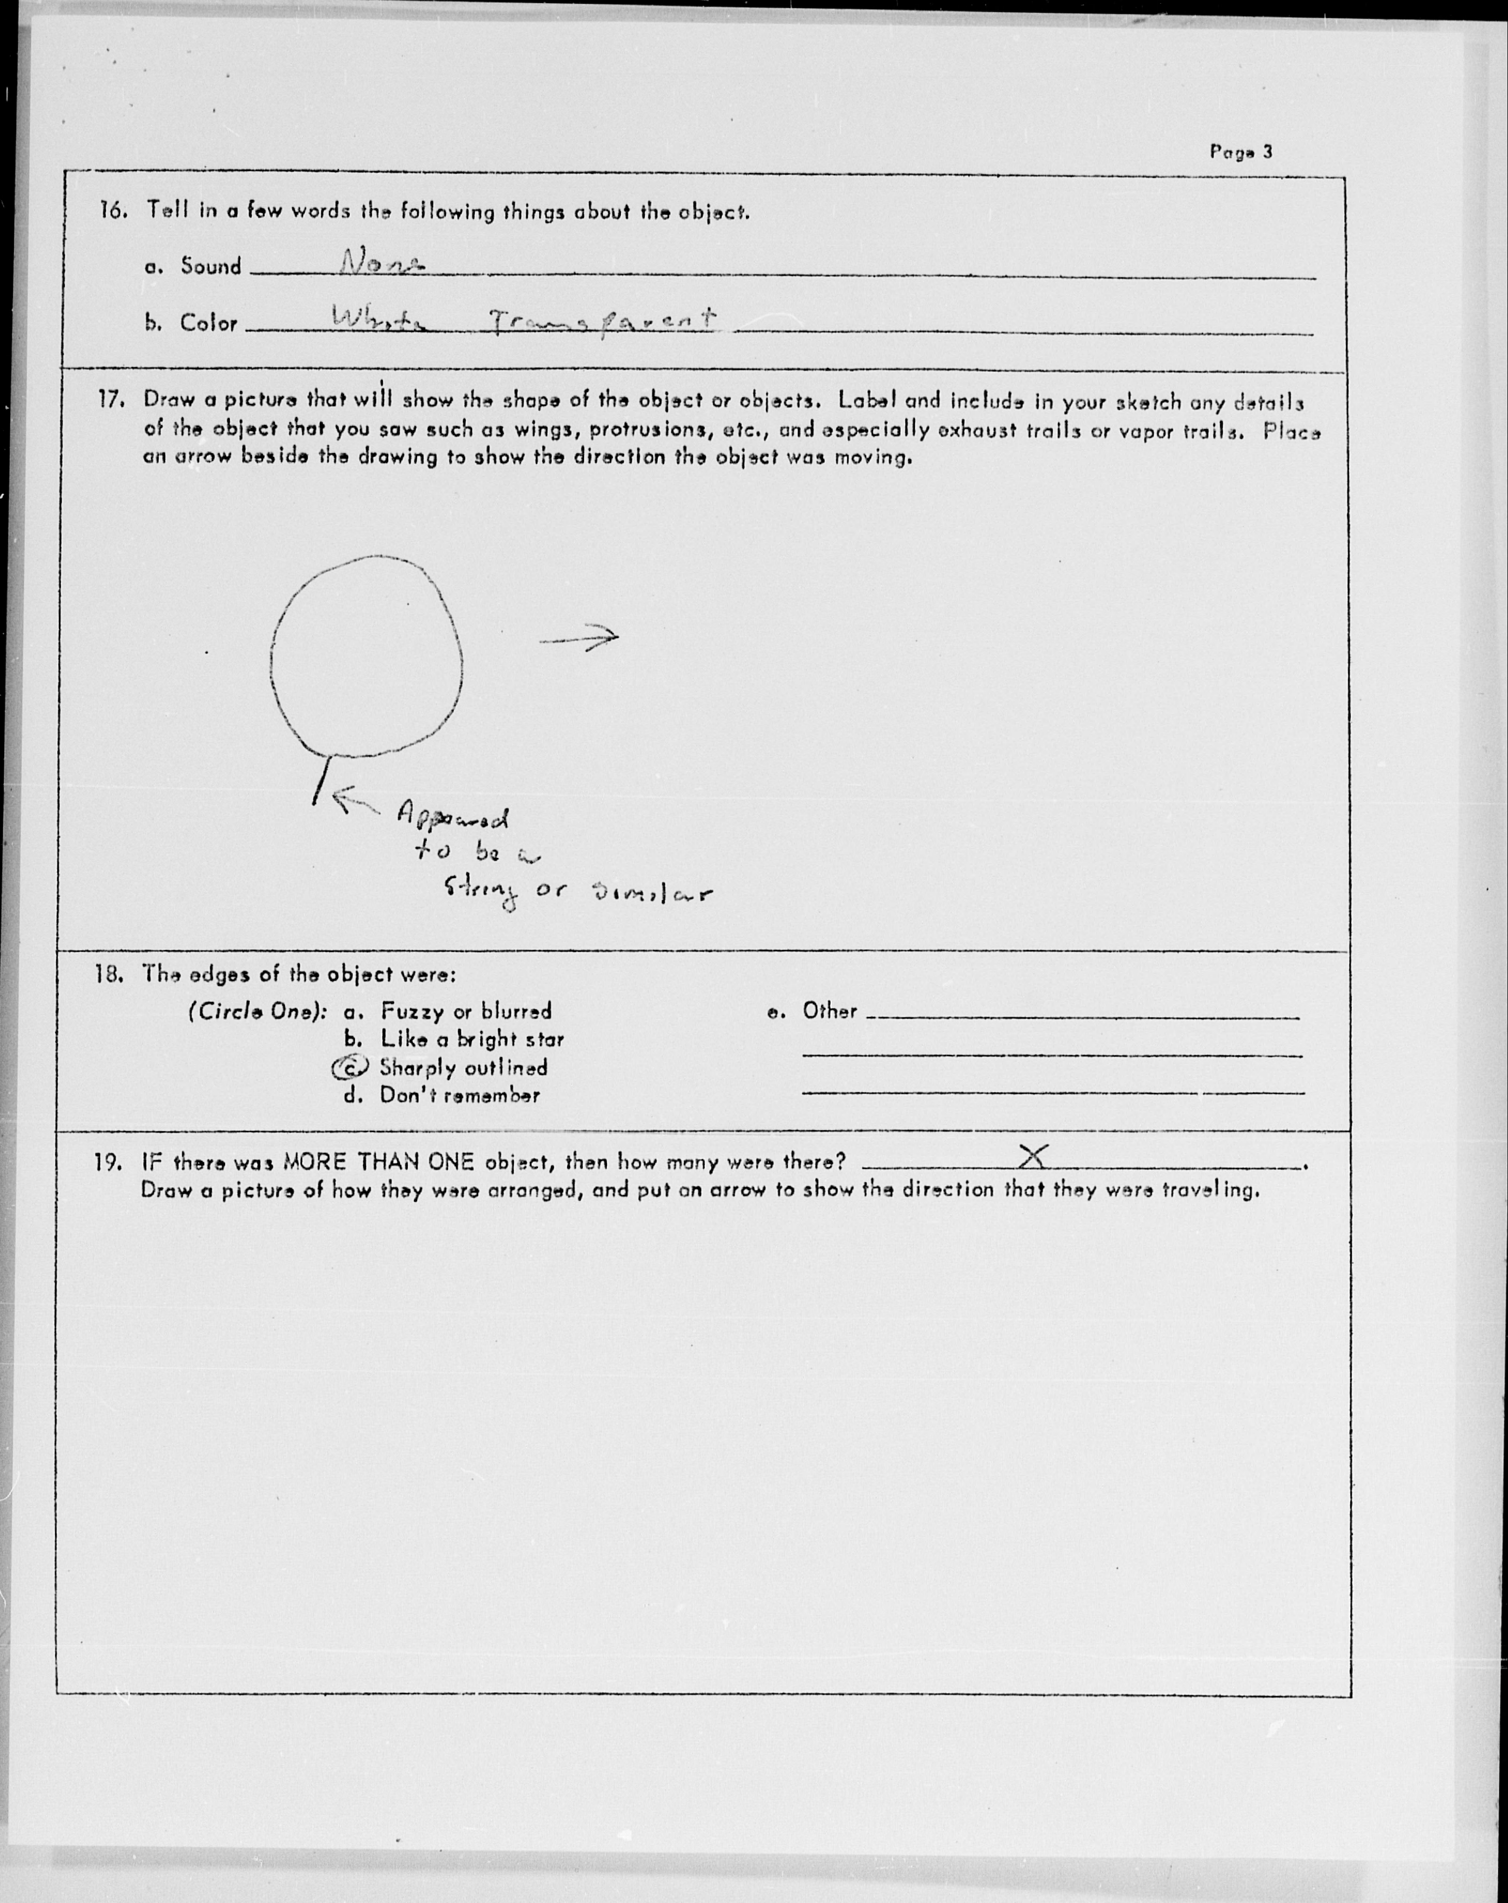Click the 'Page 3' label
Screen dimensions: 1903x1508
pos(1241,152)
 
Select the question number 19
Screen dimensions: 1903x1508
pos(107,1162)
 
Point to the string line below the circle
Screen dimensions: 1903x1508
pos(322,779)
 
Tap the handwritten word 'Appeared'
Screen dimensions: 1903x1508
pos(452,817)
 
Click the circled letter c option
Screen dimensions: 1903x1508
pos(350,1068)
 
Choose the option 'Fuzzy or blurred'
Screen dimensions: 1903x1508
pos(465,1011)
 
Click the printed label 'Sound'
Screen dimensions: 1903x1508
pos(210,266)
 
